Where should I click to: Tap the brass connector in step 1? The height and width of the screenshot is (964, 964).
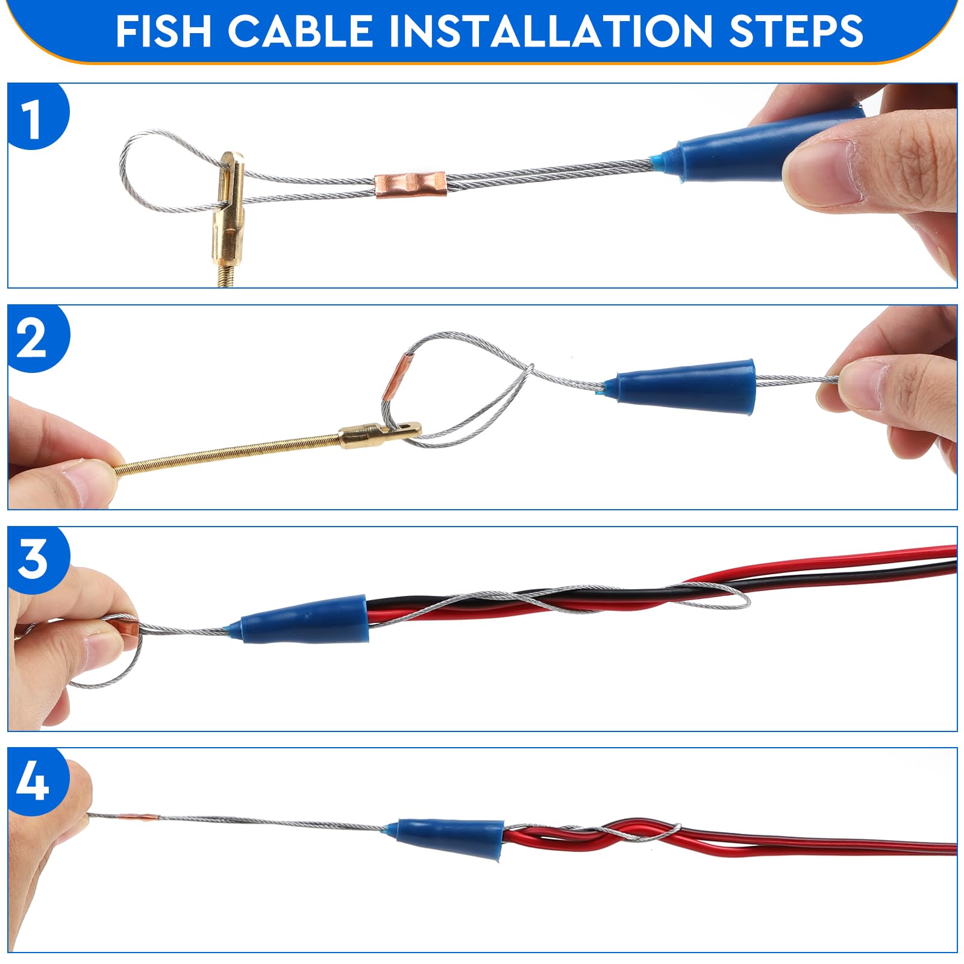click(228, 208)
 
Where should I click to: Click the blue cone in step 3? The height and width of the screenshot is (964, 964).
click(305, 619)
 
